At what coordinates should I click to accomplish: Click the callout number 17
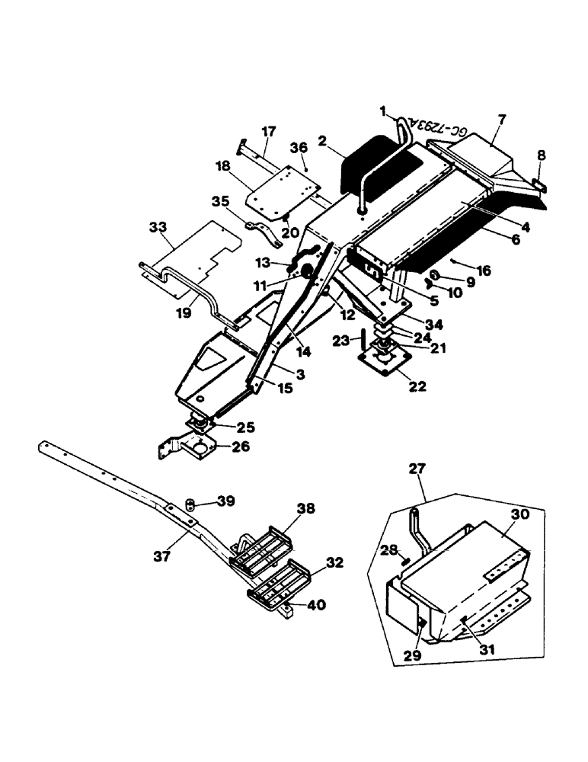pyautogui.click(x=269, y=132)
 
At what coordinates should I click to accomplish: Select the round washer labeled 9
pyautogui.click(x=433, y=275)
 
